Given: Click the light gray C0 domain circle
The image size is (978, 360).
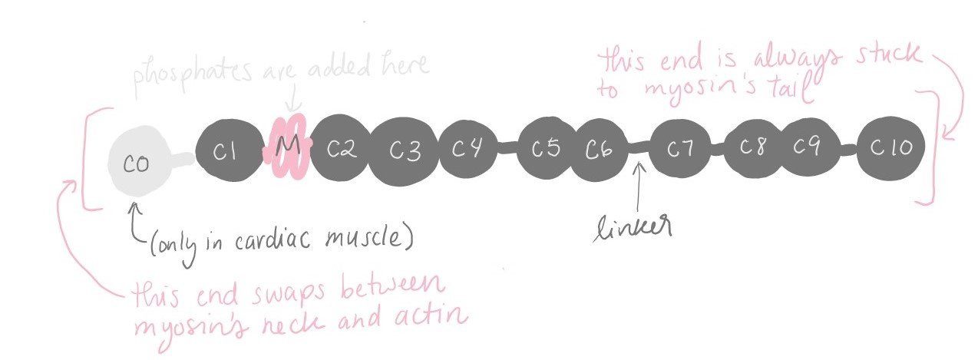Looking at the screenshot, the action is coord(137,162).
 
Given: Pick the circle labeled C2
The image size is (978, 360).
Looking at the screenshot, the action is coord(342,148).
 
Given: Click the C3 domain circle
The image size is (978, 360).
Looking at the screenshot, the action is coord(405,150).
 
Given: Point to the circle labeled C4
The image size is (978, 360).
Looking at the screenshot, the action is coord(468,148).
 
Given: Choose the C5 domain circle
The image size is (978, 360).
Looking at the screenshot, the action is coord(546,147).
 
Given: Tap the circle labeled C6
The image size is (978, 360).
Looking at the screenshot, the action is coord(600,149).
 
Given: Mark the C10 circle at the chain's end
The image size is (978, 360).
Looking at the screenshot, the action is coord(890,147).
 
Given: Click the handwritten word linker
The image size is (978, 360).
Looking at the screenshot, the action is coord(633,227).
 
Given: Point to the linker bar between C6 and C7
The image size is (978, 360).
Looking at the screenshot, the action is coord(639,147).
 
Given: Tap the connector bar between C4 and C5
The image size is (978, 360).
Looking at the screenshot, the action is coord(507,147).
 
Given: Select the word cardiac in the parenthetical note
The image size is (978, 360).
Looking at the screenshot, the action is coord(273,239).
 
